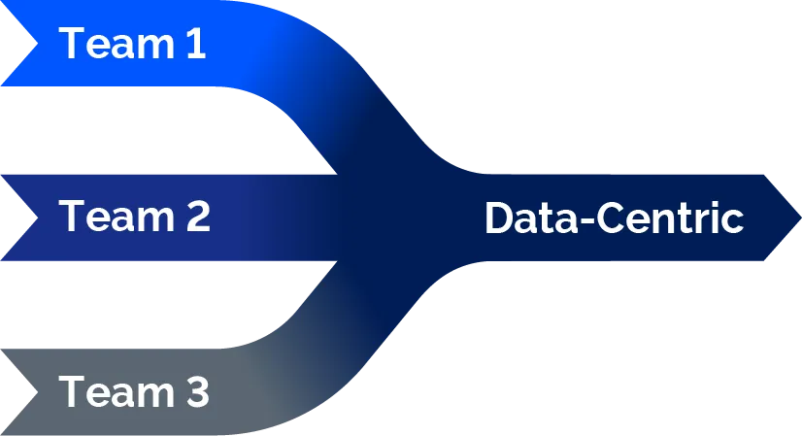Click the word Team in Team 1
(x=117, y=44)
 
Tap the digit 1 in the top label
(x=196, y=44)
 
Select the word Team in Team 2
(x=117, y=217)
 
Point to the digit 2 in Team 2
(x=198, y=217)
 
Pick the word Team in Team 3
(x=117, y=391)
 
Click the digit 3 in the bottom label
(x=197, y=391)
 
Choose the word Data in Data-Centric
(x=530, y=218)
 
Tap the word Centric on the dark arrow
(x=670, y=218)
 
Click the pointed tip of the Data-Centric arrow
(x=800, y=218)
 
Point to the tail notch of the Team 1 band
(x=37, y=44)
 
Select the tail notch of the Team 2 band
(x=37, y=218)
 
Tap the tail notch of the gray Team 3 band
(x=37, y=391)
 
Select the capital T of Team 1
(x=72, y=44)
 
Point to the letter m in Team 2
(x=156, y=221)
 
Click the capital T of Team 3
(x=72, y=391)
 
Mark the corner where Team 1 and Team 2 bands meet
(x=337, y=174)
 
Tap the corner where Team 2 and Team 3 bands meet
(x=337, y=261)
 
